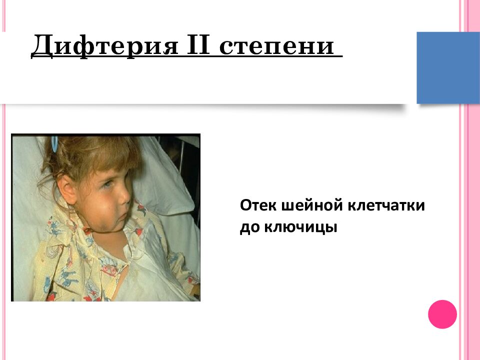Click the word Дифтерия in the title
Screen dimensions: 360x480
click(x=94, y=46)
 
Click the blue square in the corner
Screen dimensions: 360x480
click(x=448, y=67)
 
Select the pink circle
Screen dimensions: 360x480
click(x=442, y=314)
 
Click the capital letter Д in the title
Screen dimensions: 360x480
click(x=42, y=46)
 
